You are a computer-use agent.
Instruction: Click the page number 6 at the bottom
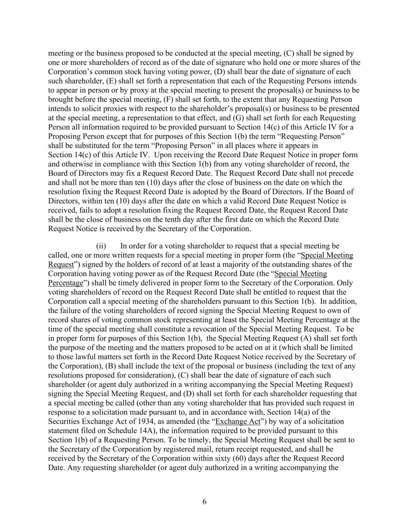(204, 502)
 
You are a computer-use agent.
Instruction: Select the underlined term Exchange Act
(238, 421)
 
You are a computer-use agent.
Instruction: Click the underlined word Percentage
(66, 283)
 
